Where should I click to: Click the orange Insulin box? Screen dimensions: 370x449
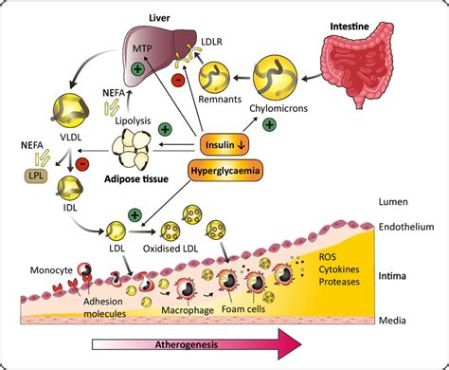pyautogui.click(x=224, y=145)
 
